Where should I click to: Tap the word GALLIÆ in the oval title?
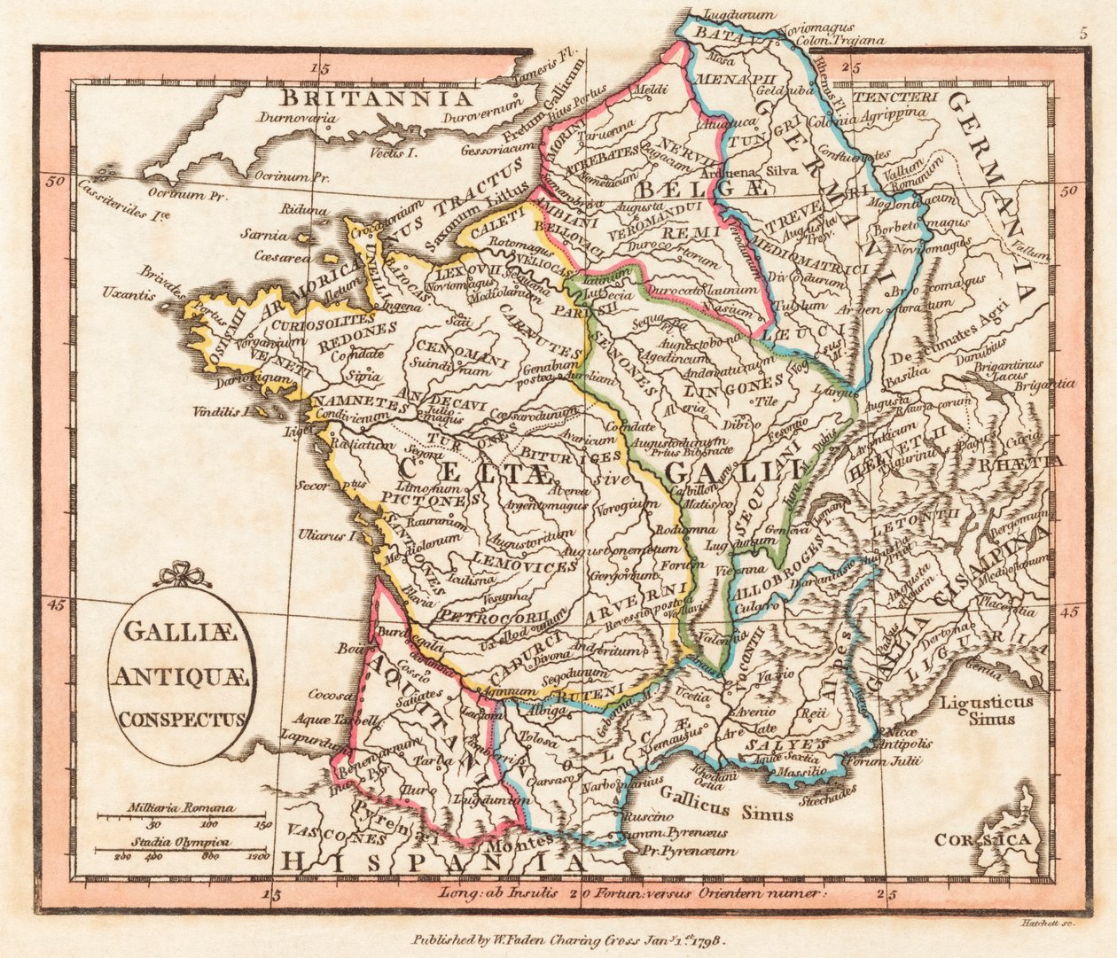[178, 635]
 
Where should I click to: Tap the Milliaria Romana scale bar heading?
[181, 806]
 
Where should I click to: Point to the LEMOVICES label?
[513, 565]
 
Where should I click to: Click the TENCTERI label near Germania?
[896, 96]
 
